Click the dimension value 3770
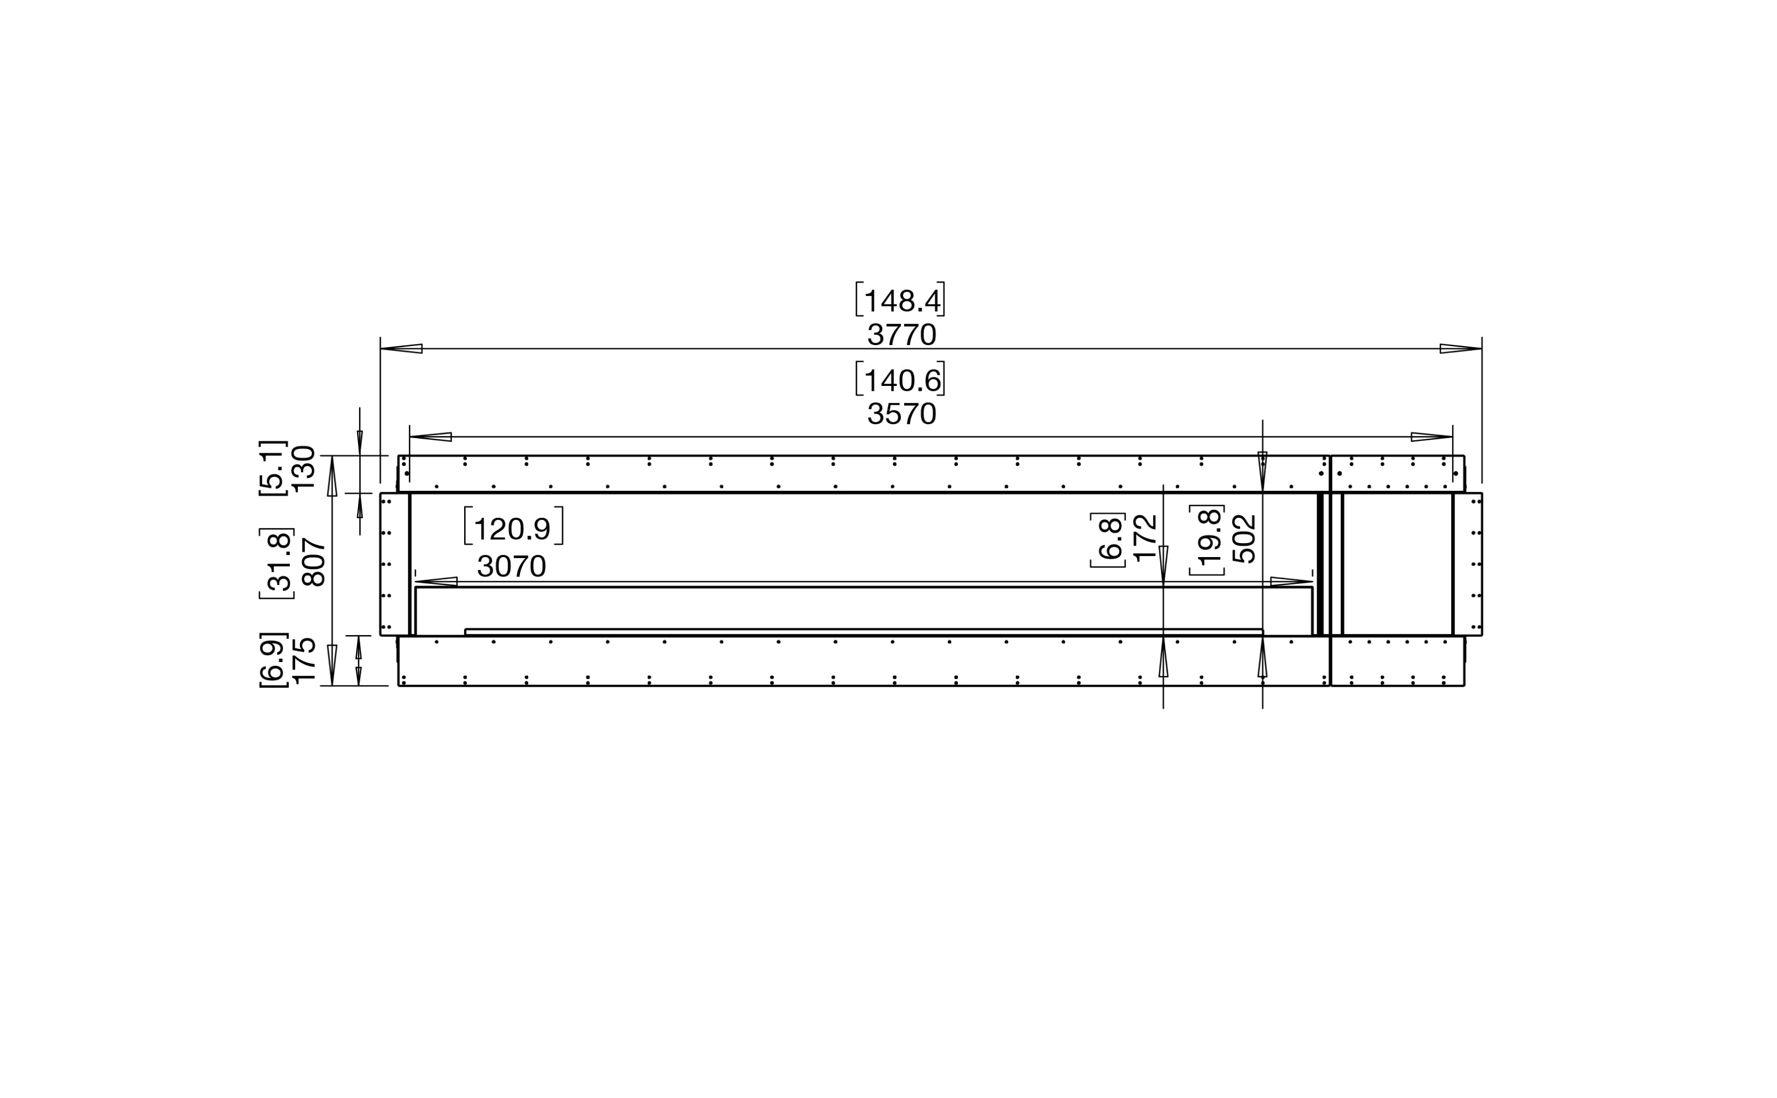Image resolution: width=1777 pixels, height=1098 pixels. [x=901, y=335]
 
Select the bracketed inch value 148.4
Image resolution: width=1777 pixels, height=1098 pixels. [x=900, y=300]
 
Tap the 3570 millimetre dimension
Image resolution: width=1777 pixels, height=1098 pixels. [x=901, y=414]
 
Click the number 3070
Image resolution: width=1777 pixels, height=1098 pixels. [x=512, y=566]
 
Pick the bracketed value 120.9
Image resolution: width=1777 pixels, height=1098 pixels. [x=513, y=528]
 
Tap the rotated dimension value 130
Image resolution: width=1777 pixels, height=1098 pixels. [x=303, y=468]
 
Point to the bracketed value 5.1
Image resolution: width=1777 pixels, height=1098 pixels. [x=273, y=468]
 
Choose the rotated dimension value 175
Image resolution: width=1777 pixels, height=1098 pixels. [x=303, y=660]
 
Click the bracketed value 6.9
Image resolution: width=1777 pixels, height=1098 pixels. [x=273, y=660]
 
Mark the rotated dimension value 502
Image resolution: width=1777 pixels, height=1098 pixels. [x=1244, y=538]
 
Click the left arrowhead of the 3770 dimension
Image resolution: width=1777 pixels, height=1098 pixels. [x=401, y=349]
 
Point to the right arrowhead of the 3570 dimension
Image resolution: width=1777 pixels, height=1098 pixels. [x=1432, y=437]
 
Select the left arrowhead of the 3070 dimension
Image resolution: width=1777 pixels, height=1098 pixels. [x=436, y=582]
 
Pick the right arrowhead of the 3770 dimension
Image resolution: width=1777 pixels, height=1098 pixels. [x=1461, y=349]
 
